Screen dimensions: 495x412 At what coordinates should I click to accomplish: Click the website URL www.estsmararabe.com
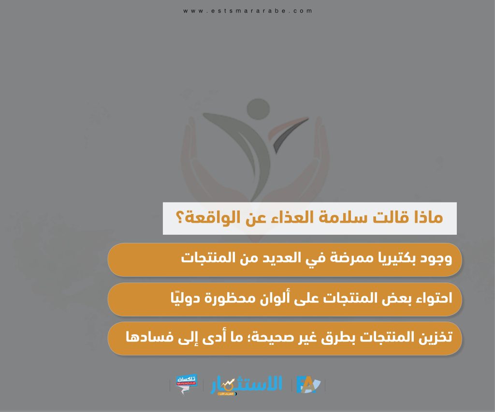click(248, 11)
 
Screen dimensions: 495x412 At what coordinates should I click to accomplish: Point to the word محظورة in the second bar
click(229, 298)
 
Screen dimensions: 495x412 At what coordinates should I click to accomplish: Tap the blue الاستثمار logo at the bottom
click(246, 385)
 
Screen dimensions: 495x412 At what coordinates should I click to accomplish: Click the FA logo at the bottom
click(308, 385)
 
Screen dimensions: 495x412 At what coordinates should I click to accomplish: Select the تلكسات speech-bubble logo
click(186, 384)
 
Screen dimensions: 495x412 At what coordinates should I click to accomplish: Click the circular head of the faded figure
click(258, 109)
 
